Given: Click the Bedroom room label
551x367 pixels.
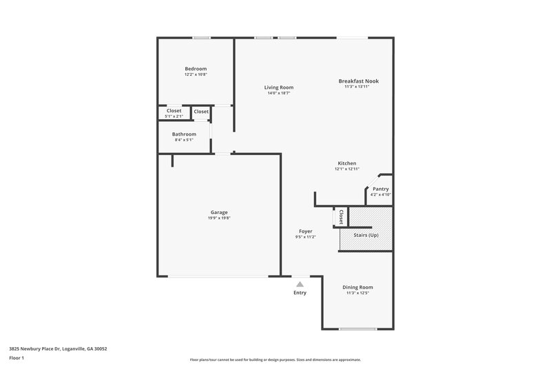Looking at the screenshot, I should point(196,69).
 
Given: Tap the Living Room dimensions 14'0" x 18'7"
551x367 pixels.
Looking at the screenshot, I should point(280,93).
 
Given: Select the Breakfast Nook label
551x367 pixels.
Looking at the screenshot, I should point(358,81).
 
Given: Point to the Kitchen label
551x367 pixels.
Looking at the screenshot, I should point(346,163).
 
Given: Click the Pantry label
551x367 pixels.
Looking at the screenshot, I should point(380,189).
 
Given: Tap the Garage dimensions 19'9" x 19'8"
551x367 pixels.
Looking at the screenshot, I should point(219,218).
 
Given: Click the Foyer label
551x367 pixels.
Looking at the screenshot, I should point(305,231).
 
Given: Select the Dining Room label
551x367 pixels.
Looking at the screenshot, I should point(358,287).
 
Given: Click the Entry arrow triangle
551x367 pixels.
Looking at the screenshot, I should point(300,283).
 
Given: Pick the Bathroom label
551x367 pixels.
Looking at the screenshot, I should point(185,134).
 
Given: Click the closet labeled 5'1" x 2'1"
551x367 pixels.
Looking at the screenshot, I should point(174,114).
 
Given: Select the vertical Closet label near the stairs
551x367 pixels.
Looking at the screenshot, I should point(340,216).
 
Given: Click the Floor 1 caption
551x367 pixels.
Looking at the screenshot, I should point(17,359).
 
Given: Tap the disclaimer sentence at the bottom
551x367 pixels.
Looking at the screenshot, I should point(275,359).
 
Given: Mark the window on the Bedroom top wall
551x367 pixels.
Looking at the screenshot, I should point(201,38).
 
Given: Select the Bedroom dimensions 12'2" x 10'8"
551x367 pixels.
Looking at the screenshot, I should point(196,74).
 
